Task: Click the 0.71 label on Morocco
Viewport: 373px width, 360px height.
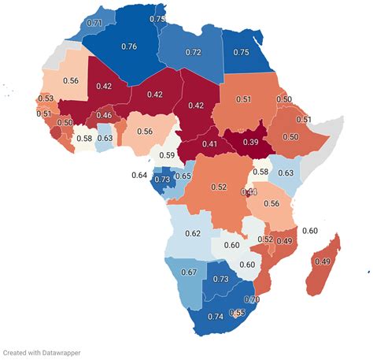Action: point(95,24)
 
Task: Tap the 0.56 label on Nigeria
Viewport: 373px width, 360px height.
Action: point(144,132)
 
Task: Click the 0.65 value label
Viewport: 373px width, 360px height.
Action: point(183,176)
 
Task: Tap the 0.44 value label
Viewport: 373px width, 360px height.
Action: point(249,192)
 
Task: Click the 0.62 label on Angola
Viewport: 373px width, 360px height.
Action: point(193,233)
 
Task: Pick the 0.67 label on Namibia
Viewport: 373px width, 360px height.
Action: point(189,273)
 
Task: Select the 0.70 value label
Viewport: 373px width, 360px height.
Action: point(252,299)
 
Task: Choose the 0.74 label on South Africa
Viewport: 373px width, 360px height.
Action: point(216,316)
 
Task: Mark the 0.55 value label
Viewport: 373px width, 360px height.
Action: point(236,313)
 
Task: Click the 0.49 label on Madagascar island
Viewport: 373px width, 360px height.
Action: point(322,261)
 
